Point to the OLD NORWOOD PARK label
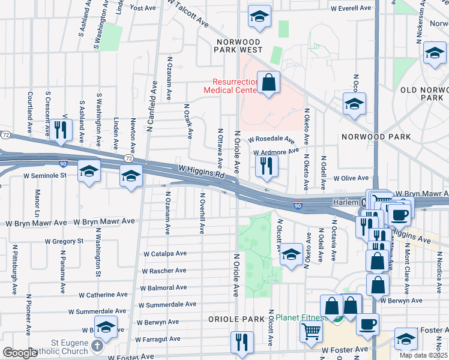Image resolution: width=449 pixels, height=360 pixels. click(x=424, y=93)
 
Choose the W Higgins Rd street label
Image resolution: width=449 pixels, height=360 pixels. click(x=200, y=172)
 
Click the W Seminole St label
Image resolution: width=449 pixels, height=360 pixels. click(x=44, y=176)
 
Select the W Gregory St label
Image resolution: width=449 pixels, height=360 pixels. click(x=64, y=241)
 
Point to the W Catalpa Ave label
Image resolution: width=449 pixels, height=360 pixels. click(x=164, y=254)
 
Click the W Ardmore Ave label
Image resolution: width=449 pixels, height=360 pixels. click(x=276, y=152)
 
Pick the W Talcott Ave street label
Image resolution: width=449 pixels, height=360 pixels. click(x=189, y=13)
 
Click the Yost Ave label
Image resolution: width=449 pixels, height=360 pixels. click(x=143, y=8)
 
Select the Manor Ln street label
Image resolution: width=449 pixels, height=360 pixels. click(x=37, y=203)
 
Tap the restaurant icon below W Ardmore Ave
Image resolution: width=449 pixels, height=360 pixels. click(x=267, y=165)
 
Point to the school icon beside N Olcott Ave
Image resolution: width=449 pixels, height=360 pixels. click(x=291, y=254)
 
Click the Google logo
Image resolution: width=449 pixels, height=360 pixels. click(x=20, y=353)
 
